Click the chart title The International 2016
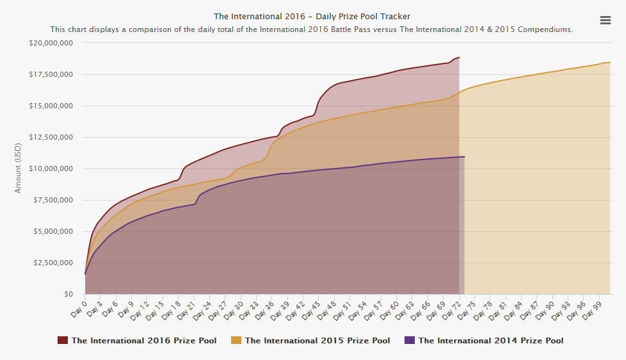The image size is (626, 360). click(x=312, y=16)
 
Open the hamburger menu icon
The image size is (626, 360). click(x=605, y=20)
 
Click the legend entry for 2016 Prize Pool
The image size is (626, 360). click(x=143, y=341)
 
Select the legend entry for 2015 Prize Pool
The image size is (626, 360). click(x=317, y=341)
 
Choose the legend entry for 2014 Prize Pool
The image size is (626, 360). click(x=490, y=341)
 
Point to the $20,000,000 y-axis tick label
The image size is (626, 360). click(x=51, y=43)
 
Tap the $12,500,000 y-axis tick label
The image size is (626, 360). click(x=51, y=137)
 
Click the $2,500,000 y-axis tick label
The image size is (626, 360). click(x=53, y=263)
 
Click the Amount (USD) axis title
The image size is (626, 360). click(x=19, y=168)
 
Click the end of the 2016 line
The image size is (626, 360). click(x=460, y=58)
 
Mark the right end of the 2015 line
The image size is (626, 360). click(x=609, y=63)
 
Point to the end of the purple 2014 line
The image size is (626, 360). click(x=464, y=156)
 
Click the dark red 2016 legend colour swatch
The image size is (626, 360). click(x=63, y=341)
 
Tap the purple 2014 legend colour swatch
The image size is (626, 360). click(x=410, y=341)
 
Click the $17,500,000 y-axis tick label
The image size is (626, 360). click(x=51, y=74)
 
